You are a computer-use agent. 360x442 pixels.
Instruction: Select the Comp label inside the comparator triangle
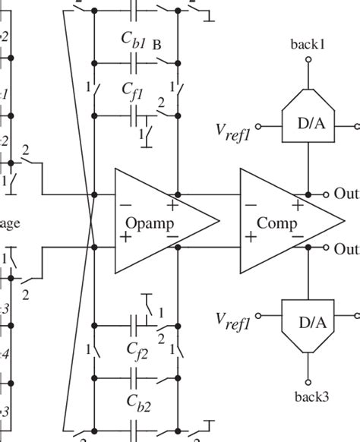point(277,223)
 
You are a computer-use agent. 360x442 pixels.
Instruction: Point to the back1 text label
point(308,44)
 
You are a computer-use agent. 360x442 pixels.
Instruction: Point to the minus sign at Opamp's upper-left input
point(125,204)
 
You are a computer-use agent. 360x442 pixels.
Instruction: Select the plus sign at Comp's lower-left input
point(250,237)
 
